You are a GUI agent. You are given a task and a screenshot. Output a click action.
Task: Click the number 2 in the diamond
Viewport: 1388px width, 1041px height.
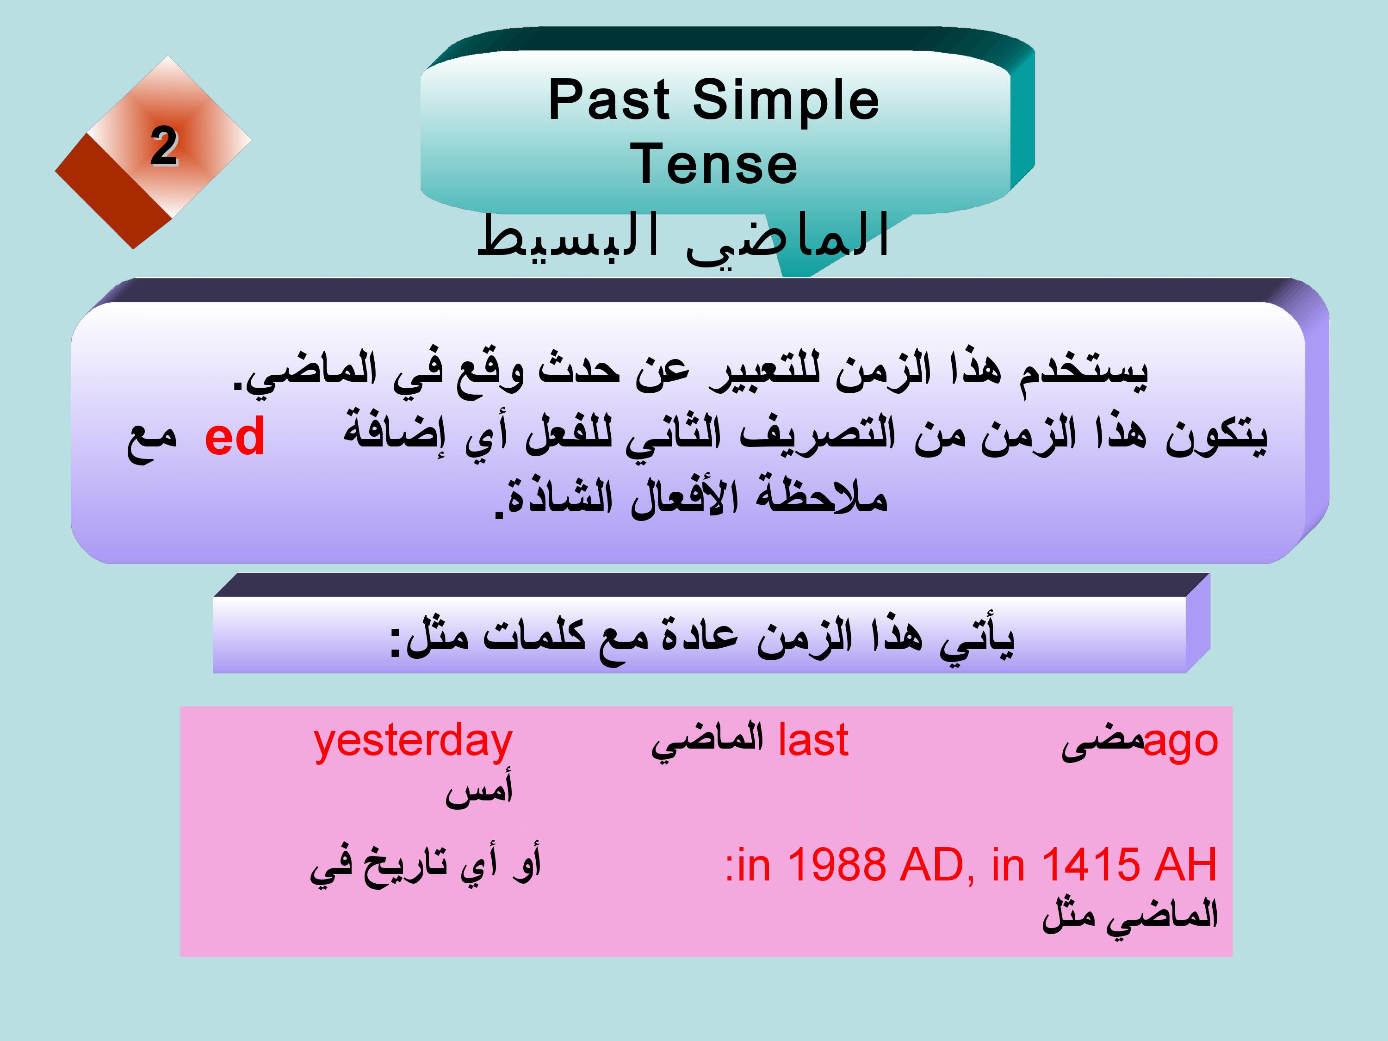click(x=164, y=146)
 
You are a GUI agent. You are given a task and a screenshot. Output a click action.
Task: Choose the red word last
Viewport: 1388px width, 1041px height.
click(x=813, y=740)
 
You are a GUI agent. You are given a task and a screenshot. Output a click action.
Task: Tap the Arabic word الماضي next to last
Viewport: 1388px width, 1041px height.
click(x=707, y=742)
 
